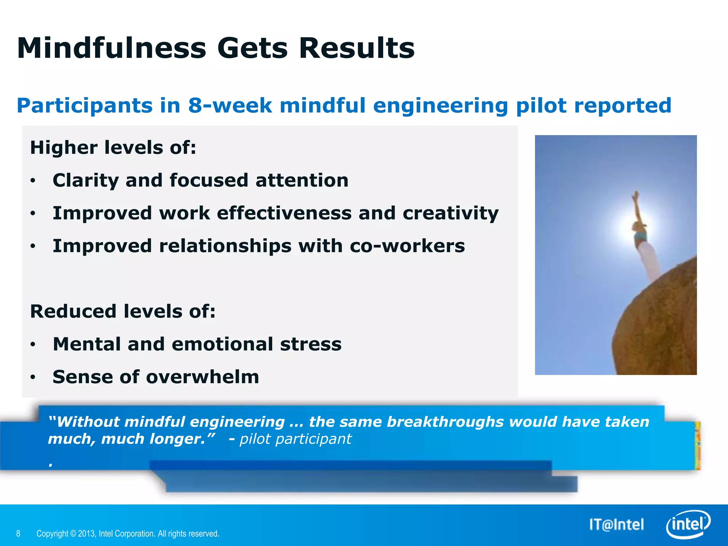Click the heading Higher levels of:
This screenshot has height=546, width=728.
click(x=113, y=148)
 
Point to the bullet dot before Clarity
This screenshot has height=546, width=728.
click(x=33, y=181)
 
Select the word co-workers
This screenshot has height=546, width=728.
click(x=407, y=246)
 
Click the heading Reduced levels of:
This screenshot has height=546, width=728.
click(x=123, y=311)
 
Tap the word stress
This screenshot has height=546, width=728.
click(x=310, y=344)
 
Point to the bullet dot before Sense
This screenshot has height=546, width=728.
click(x=33, y=377)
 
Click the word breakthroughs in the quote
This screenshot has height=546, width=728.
click(x=445, y=422)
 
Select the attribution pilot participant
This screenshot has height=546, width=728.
click(x=295, y=439)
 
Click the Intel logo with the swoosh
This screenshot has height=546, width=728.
click(x=688, y=525)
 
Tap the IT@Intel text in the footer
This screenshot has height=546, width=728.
click(x=616, y=525)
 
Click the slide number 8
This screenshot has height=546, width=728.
click(x=18, y=534)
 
